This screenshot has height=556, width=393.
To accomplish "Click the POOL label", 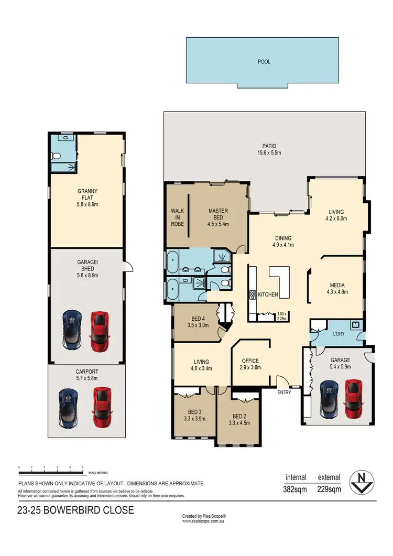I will click(x=264, y=62).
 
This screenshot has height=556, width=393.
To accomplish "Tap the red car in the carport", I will click(x=101, y=407).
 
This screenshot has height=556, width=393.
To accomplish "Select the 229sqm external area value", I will click(x=329, y=489).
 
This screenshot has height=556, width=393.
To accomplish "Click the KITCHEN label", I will click(x=268, y=295).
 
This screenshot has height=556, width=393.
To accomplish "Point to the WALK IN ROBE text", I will click(x=177, y=217).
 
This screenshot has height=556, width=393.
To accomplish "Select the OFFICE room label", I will click(x=250, y=361).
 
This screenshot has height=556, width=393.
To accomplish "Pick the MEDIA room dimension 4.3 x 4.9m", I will click(x=337, y=292).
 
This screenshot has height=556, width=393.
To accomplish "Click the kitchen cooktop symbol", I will click(x=252, y=295).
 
